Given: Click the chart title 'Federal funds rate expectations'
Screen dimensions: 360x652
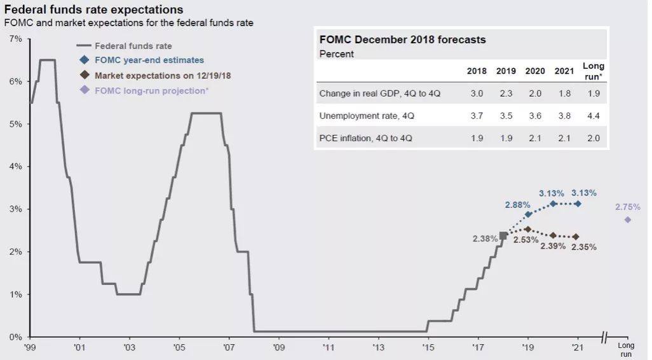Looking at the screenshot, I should pyautogui.click(x=94, y=10).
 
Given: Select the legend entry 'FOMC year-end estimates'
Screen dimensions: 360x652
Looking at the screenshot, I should pyautogui.click(x=149, y=60).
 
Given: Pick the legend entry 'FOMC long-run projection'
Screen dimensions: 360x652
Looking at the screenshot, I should pyautogui.click(x=152, y=90).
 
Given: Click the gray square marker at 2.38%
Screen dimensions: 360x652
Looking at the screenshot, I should pyautogui.click(x=503, y=236).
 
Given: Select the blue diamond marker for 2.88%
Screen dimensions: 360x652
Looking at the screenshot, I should pyautogui.click(x=527, y=214).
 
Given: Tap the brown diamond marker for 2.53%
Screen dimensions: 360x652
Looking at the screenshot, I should pyautogui.click(x=527, y=229).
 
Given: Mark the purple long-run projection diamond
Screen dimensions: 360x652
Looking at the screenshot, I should pyautogui.click(x=627, y=219).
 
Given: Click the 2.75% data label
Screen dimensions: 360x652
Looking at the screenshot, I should pyautogui.click(x=627, y=207).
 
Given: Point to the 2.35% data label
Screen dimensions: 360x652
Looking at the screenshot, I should pyautogui.click(x=583, y=247).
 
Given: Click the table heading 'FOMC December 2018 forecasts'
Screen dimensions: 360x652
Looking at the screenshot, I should pyautogui.click(x=402, y=39).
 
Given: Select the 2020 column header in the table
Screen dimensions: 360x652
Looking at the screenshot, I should pyautogui.click(x=535, y=71).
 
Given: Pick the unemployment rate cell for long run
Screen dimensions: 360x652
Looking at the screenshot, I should pyautogui.click(x=594, y=116).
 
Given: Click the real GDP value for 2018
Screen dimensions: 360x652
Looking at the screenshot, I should pyautogui.click(x=477, y=94).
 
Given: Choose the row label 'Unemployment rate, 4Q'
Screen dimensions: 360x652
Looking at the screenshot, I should pyautogui.click(x=363, y=116).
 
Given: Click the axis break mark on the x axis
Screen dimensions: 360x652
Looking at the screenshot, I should pyautogui.click(x=604, y=336).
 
